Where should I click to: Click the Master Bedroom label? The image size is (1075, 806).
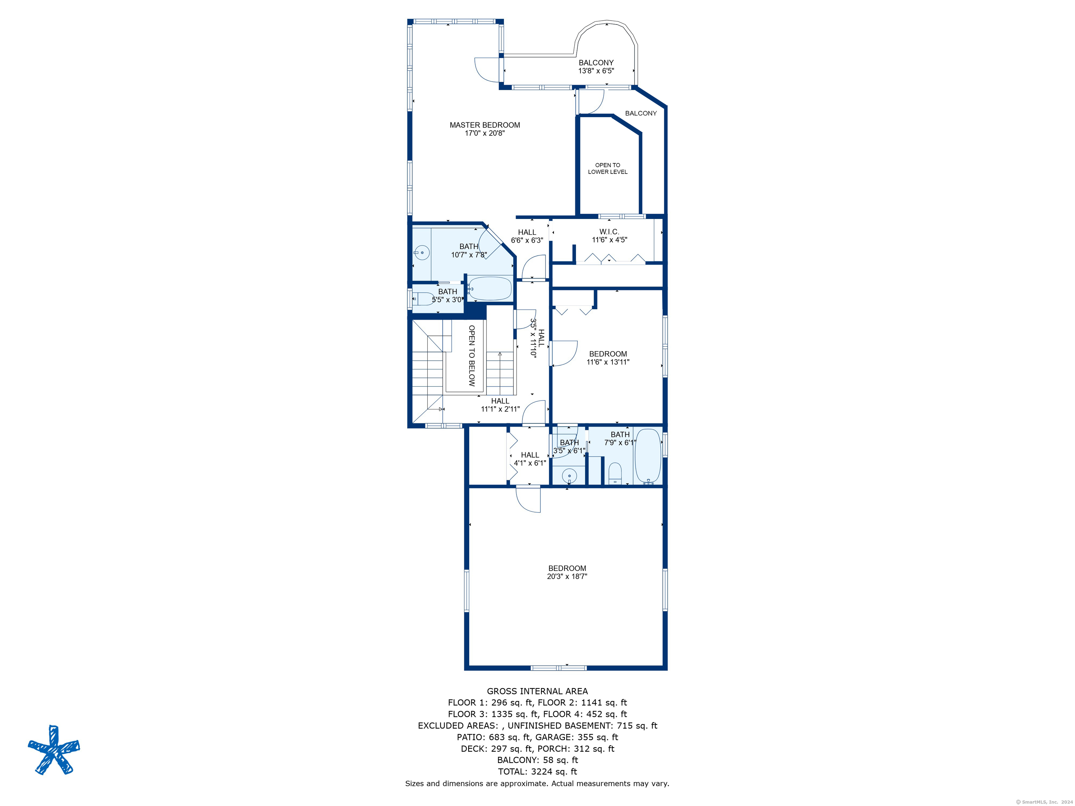485,125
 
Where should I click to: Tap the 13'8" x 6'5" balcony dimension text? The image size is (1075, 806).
596,71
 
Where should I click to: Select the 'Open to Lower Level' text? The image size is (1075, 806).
607,168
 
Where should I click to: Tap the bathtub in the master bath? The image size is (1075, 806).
490,289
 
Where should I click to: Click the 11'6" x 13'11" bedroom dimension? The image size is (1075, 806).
608,362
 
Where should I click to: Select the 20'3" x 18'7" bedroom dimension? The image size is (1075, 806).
567,577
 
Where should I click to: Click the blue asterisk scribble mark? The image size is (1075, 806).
54,750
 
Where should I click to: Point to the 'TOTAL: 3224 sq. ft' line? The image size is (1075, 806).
537,771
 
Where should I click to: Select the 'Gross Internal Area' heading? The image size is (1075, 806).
537,691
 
